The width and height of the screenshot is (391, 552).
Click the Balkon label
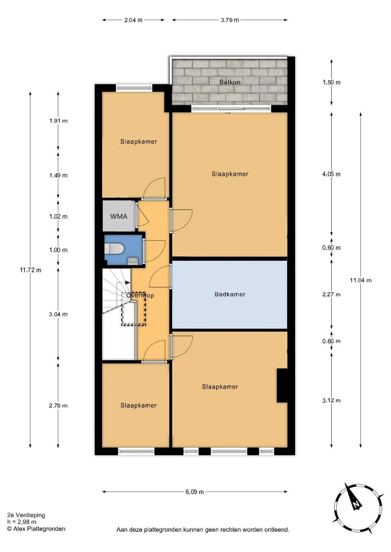tap(230, 82)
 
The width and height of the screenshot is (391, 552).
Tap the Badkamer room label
tap(230, 294)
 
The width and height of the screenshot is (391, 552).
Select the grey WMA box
tap(119, 216)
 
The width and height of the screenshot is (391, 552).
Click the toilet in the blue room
tap(114, 248)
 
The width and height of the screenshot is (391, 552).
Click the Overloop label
tap(140, 295)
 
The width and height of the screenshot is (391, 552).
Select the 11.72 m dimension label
tap(30, 270)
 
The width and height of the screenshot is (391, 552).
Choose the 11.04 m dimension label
tap(361, 280)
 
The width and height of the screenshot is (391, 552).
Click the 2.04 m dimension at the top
tap(133, 20)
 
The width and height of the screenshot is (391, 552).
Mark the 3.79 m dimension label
tap(230, 20)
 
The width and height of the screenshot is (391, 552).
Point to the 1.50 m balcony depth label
tap(331, 82)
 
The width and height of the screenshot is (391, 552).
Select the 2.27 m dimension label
tap(331, 294)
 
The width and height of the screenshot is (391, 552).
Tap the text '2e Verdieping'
tap(26, 515)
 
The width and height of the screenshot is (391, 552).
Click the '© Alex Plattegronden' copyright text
tap(36, 528)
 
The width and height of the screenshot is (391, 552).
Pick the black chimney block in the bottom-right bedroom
tap(282, 385)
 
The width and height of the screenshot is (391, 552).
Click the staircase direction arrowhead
tap(128, 283)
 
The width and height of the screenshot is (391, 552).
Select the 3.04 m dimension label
tap(58, 314)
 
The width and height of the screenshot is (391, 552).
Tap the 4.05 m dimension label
tap(331, 174)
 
